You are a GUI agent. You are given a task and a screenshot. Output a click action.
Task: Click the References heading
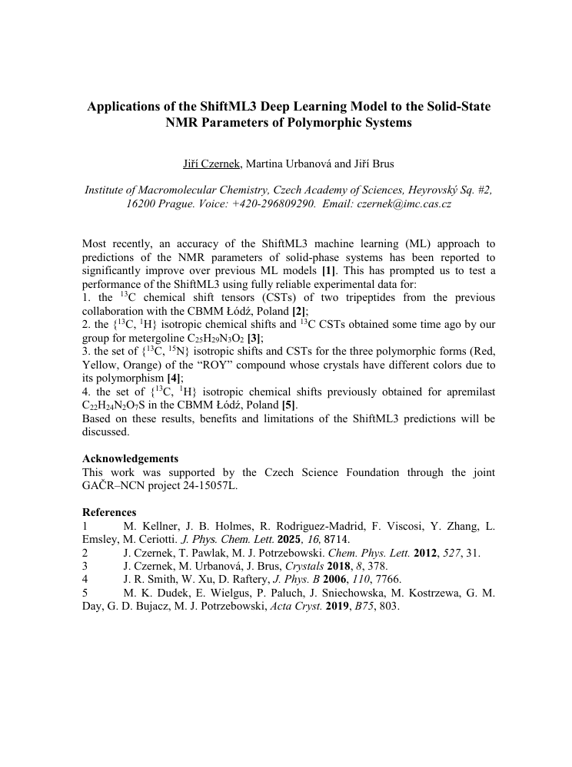tap(109, 512)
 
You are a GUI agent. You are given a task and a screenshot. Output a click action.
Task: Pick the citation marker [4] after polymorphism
tap(174, 378)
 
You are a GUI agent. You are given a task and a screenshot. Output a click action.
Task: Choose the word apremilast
tap(467, 392)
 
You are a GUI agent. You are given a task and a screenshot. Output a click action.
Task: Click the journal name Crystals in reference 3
tap(305, 566)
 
